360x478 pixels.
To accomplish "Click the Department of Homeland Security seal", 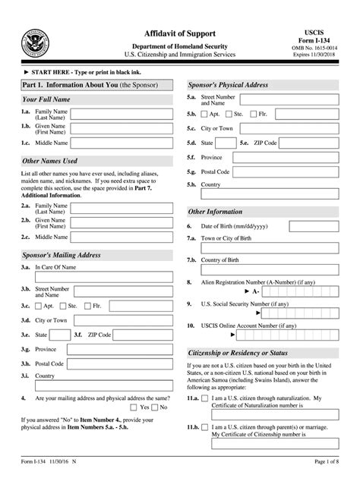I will [x=34, y=41].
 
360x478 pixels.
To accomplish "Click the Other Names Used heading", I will [x=50, y=161].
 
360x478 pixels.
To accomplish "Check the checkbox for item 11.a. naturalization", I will [x=206, y=398].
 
